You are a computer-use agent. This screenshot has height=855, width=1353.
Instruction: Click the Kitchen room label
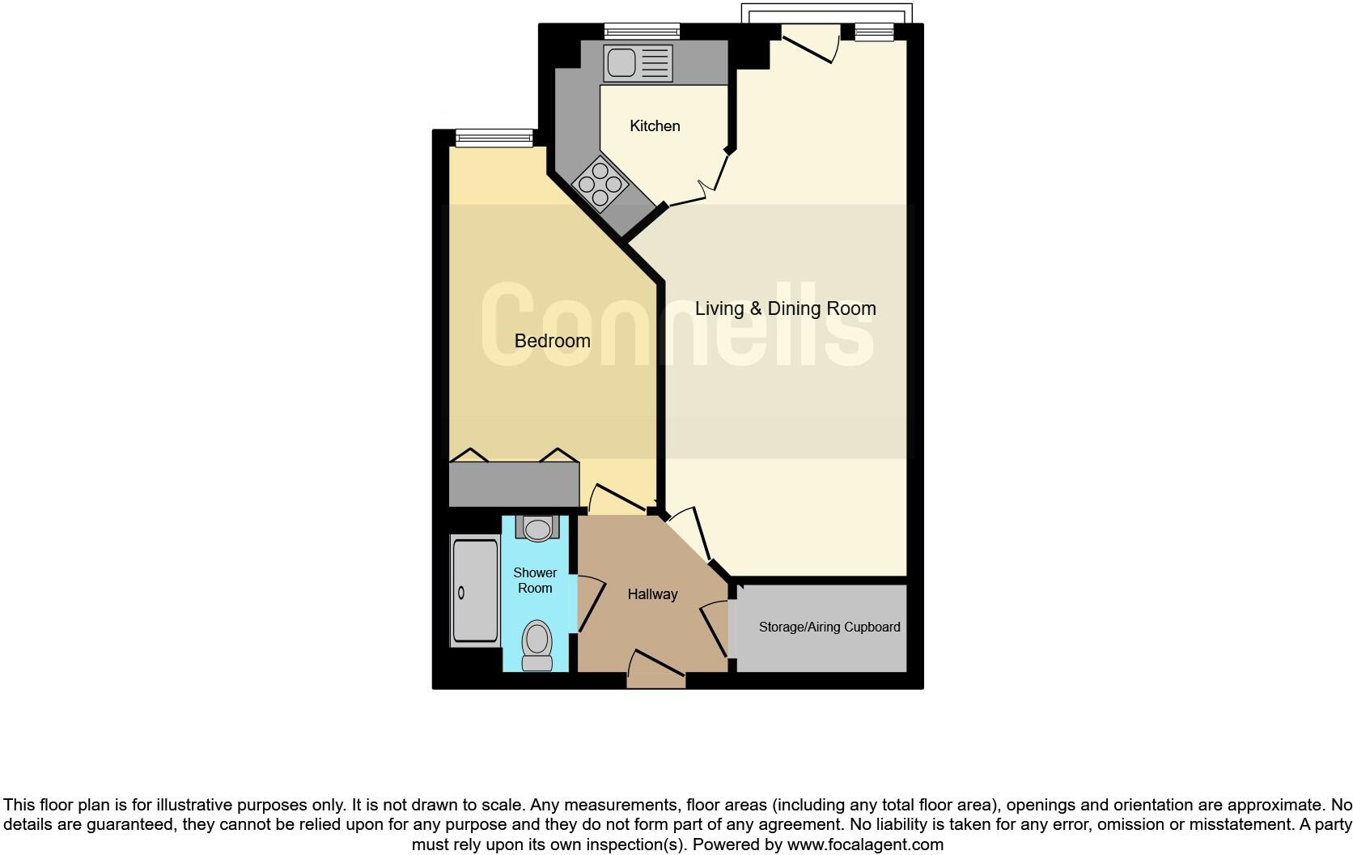pyautogui.click(x=655, y=126)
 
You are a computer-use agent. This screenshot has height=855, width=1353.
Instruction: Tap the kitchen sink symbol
pyautogui.click(x=637, y=62)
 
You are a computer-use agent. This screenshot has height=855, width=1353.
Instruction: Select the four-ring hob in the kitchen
pyautogui.click(x=600, y=184)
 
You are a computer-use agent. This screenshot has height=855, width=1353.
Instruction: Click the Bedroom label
pyautogui.click(x=552, y=341)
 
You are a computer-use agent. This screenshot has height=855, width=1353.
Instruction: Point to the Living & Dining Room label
pyautogui.click(x=785, y=308)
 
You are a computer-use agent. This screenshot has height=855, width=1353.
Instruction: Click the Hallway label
pyautogui.click(x=652, y=594)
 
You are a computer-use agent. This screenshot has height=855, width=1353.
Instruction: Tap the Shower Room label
pyautogui.click(x=535, y=581)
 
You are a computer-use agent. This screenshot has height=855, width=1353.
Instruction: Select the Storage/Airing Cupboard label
pyautogui.click(x=829, y=627)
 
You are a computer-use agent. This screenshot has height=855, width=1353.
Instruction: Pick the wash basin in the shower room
pyautogui.click(x=536, y=529)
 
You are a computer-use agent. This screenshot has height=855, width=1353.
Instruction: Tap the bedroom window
pyautogui.click(x=494, y=138)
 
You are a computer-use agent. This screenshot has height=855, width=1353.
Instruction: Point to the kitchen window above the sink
pyautogui.click(x=642, y=32)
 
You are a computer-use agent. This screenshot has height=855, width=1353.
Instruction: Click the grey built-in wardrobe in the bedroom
pyautogui.click(x=514, y=484)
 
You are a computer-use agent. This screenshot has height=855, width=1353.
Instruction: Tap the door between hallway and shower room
pyautogui.click(x=589, y=603)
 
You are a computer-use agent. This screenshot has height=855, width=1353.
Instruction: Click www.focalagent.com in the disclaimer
pyautogui.click(x=864, y=844)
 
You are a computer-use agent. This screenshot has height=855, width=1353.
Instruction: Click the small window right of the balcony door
pyautogui.click(x=874, y=32)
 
